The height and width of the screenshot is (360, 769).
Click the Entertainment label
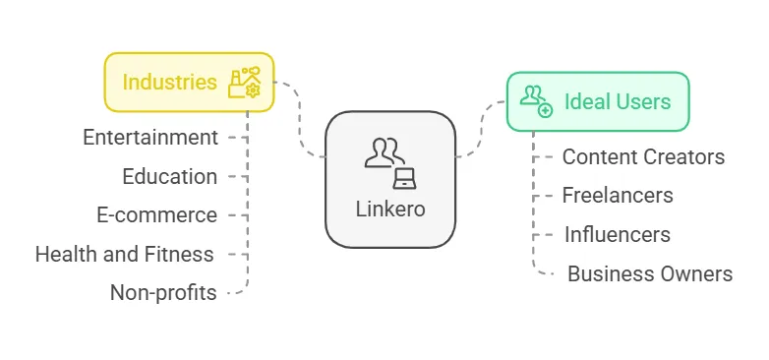tap(150, 137)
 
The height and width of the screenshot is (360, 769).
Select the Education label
tap(170, 176)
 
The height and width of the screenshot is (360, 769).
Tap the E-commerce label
tap(157, 214)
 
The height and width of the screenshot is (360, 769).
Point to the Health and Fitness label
tap(124, 254)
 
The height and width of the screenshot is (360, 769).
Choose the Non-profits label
tap(163, 292)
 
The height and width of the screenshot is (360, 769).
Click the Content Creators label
tap(643, 156)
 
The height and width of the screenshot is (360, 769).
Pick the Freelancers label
tap(618, 195)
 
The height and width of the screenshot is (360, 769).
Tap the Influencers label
tap(617, 234)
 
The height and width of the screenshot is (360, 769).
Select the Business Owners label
tap(650, 273)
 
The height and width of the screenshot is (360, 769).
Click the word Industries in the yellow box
tap(169, 82)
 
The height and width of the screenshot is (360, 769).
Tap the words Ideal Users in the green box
tap(618, 101)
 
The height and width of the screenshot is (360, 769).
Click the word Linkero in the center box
tap(390, 210)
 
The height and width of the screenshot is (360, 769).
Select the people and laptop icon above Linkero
tap(390, 163)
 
